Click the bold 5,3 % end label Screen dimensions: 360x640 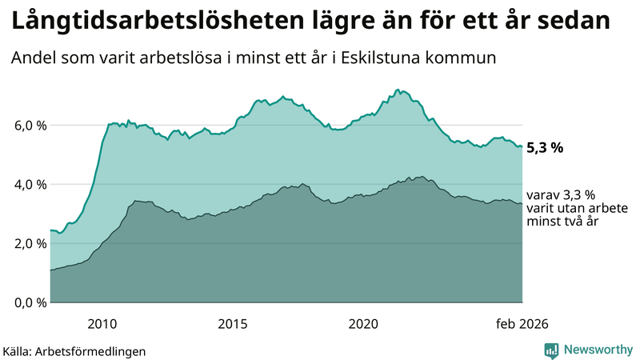coord(546,147)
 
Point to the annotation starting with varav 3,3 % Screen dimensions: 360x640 coord(562,207)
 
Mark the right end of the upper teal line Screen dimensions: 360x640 coord(522,146)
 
